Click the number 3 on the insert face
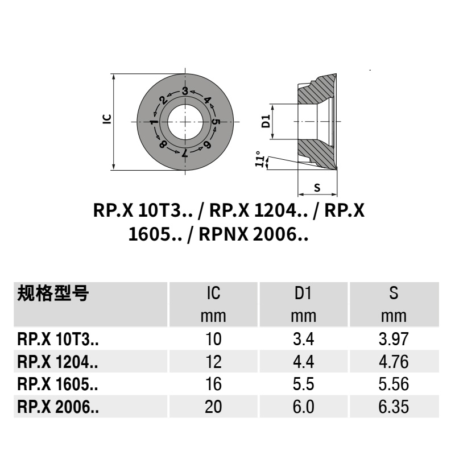(x=185, y=91)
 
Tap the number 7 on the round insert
(x=185, y=153)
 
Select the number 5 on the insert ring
(x=216, y=122)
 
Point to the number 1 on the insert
(x=154, y=122)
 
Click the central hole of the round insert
(x=185, y=122)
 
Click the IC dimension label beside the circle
(x=106, y=119)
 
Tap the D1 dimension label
(x=264, y=121)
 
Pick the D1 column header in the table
(x=303, y=294)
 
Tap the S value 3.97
(x=393, y=340)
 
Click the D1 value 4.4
(x=303, y=362)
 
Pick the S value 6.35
(x=393, y=408)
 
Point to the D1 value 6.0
(x=303, y=408)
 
